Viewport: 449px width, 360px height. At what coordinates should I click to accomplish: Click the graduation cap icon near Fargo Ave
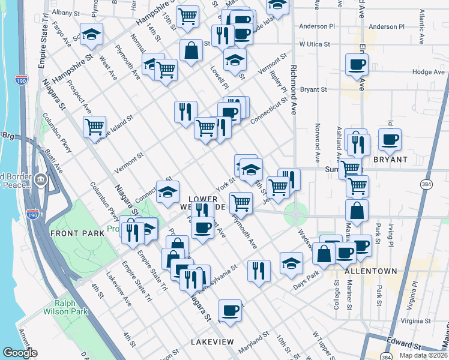point(91,34)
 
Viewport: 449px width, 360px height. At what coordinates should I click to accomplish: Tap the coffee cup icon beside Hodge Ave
point(357,65)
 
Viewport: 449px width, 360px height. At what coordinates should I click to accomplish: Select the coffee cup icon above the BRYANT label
point(390,140)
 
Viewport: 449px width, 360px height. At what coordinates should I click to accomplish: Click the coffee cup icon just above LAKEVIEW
point(230,311)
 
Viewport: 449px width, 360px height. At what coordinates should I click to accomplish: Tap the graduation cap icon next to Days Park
point(291,264)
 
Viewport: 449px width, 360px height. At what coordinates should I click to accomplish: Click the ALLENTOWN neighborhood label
point(370,271)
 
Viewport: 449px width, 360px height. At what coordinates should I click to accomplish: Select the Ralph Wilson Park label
point(65,307)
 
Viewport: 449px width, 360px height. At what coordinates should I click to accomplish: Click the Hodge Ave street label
point(428,71)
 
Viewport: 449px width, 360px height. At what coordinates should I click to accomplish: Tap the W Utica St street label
point(315,44)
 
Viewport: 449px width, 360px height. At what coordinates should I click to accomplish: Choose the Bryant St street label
point(313,89)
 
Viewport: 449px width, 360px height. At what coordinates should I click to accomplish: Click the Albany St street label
point(66,12)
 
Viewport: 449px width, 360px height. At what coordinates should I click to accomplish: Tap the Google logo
point(20,353)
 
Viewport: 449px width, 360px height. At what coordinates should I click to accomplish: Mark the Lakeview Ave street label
point(119,291)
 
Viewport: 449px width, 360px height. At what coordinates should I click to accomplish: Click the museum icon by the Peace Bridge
point(40,179)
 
